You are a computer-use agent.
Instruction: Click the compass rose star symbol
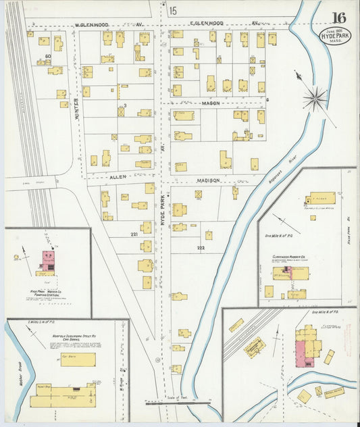pos(314,99)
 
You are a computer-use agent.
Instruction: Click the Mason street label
pos(211,103)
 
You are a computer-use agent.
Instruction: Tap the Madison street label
pos(209,181)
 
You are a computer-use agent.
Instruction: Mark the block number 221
pos(134,234)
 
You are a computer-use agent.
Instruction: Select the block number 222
pos(201,248)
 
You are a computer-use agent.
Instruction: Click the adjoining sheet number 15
pos(174,10)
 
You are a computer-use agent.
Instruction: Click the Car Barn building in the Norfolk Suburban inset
pos(78,359)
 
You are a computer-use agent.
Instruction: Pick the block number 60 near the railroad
pos(47,56)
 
